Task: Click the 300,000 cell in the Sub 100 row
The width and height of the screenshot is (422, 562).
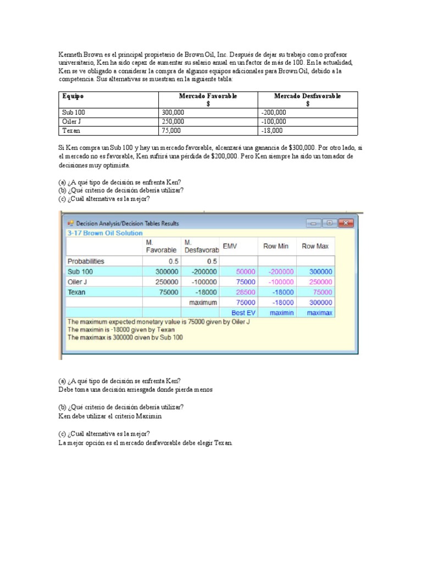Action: (x=174, y=112)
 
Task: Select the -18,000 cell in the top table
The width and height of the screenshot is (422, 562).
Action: (x=271, y=131)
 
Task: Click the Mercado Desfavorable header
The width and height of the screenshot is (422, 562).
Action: (x=307, y=96)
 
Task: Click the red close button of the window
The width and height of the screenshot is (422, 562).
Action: (x=345, y=223)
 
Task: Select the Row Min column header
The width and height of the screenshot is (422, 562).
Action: (x=275, y=246)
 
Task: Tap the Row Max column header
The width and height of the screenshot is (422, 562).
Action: (x=315, y=246)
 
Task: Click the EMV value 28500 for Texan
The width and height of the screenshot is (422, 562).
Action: (x=246, y=292)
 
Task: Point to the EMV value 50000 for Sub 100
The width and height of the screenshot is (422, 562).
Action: (x=246, y=271)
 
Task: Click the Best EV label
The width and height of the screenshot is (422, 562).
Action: (x=242, y=312)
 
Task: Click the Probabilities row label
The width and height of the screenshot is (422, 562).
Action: (x=86, y=261)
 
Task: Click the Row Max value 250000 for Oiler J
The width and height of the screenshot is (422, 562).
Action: (x=320, y=282)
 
